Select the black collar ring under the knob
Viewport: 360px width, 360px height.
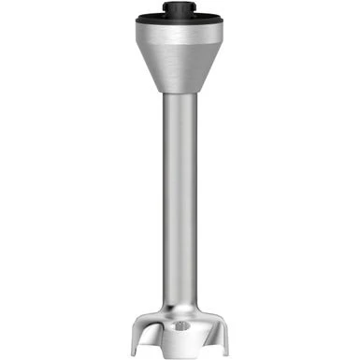click(179, 19)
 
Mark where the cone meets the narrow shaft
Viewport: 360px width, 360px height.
click(179, 94)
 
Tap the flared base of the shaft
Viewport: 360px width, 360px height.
click(179, 304)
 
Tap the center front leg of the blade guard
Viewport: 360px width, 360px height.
click(180, 341)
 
